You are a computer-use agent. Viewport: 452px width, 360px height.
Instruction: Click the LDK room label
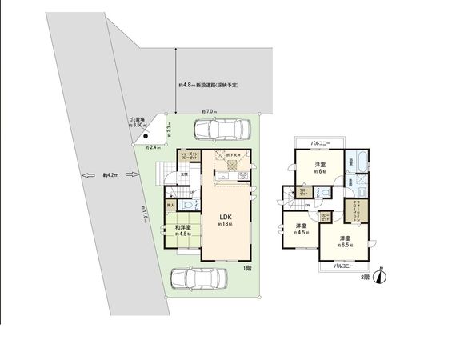[x=226, y=219]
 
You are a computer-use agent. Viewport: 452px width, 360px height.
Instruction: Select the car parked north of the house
[x=220, y=130]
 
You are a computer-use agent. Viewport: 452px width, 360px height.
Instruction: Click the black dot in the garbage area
[x=146, y=136]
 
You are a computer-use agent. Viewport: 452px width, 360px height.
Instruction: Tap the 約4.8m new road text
[x=209, y=84]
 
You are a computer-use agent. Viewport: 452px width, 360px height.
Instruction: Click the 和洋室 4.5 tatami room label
[x=184, y=230]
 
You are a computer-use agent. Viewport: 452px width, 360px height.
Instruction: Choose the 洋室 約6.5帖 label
[x=345, y=242]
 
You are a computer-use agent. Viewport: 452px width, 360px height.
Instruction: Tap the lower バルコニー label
[x=343, y=266]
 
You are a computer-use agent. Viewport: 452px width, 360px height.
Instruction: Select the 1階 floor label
[x=247, y=268]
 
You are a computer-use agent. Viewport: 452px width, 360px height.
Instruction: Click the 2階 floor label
[x=364, y=277]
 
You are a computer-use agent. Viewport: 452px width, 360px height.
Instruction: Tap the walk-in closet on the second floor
[x=355, y=214]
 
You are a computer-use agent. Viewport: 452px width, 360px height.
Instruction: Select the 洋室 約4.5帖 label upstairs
[x=302, y=230]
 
